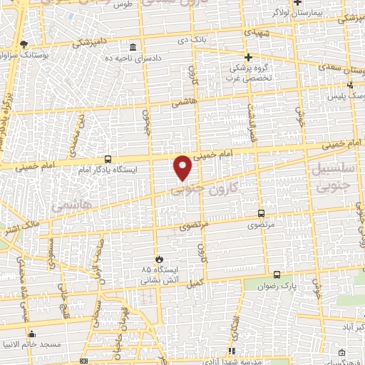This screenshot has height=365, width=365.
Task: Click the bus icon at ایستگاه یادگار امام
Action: pos(108,159)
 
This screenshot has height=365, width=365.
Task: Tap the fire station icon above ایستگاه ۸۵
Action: pos(160,259)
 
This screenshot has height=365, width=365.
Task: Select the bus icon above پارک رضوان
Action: pos(277,274)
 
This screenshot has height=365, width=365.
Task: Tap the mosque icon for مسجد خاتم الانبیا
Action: pos(31,334)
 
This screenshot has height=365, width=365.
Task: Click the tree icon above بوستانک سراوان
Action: pos(24,44)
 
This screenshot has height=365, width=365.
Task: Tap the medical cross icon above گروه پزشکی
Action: pos(248,57)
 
